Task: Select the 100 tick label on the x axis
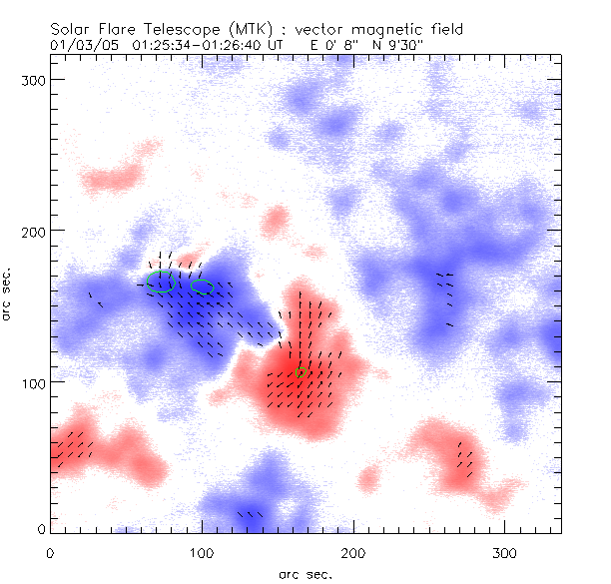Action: tap(202, 552)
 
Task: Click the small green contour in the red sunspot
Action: tap(302, 371)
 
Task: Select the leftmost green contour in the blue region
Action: tap(164, 282)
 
